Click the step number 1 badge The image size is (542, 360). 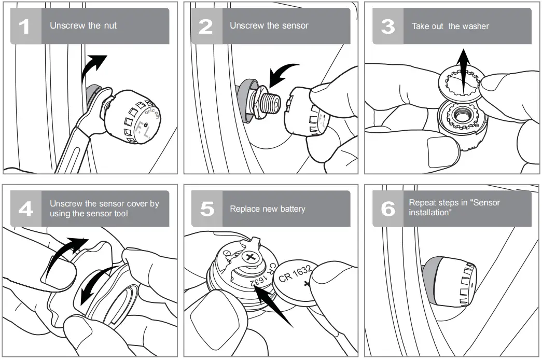pyautogui.click(x=25, y=26)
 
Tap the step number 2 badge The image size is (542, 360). pyautogui.click(x=206, y=26)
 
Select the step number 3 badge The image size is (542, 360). pyautogui.click(x=387, y=26)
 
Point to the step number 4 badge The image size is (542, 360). pyautogui.click(x=25, y=209)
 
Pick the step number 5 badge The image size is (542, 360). pyautogui.click(x=206, y=209)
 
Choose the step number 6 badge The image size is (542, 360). pyautogui.click(x=387, y=209)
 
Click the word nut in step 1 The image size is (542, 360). pyautogui.click(x=110, y=25)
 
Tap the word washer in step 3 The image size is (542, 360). pyautogui.click(x=476, y=26)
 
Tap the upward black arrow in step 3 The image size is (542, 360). pyautogui.click(x=463, y=65)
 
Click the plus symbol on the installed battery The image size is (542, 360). pyautogui.click(x=251, y=257)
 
